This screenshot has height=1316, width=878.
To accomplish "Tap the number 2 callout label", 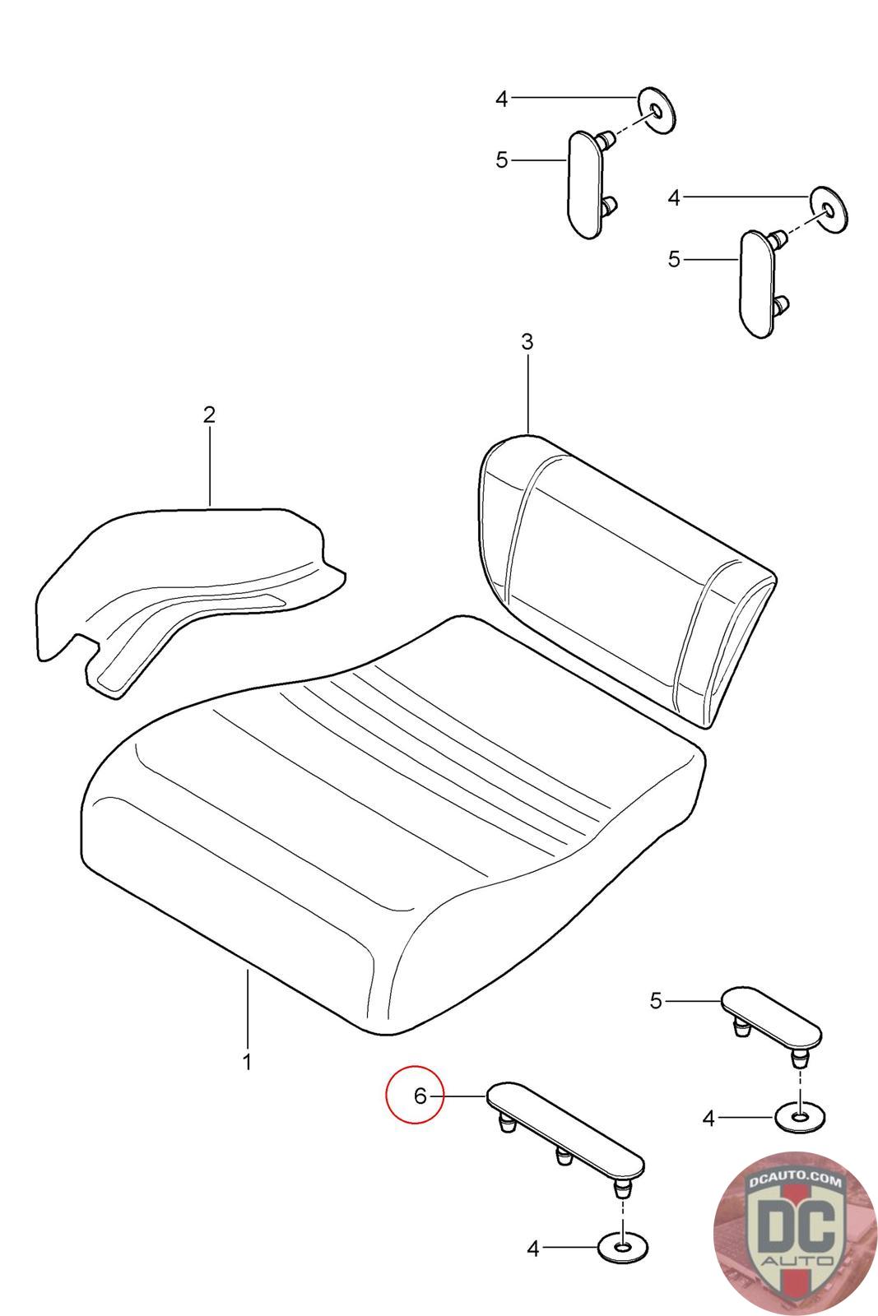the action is [x=209, y=415].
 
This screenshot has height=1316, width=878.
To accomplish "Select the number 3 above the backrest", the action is [x=527, y=341].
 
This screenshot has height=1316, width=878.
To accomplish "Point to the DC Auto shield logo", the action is [x=795, y=1232].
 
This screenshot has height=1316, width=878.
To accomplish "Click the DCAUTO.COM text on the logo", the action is [x=795, y=1181].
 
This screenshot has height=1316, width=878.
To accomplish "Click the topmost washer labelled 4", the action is [x=657, y=111].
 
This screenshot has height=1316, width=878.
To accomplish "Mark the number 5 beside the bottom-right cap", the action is [x=657, y=1000].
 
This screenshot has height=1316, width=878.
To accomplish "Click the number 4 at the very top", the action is [x=501, y=99].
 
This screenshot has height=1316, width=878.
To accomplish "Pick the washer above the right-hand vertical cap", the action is [x=829, y=210].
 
